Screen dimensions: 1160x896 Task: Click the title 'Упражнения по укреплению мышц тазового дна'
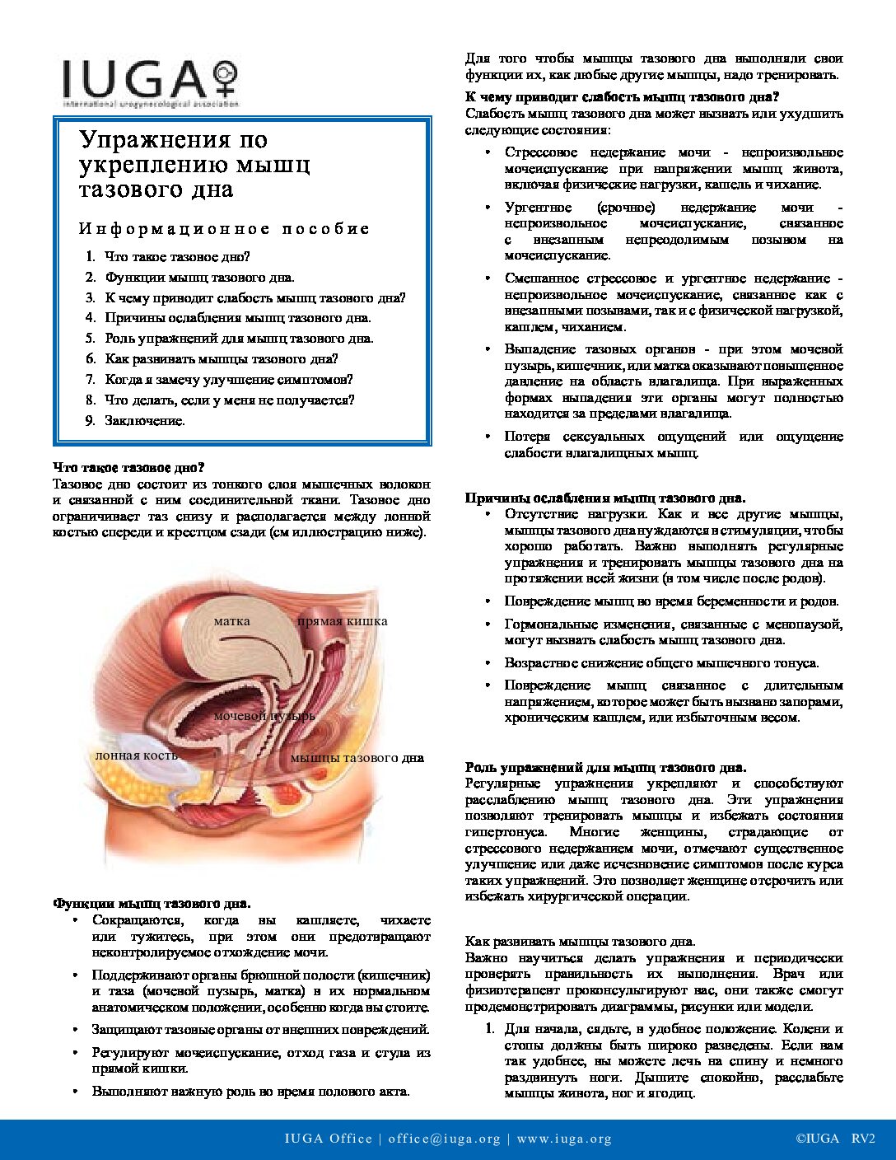194,164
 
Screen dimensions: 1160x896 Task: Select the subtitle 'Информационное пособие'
224,228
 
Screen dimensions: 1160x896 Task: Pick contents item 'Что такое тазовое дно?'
177,257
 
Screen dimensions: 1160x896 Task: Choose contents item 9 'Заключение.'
145,420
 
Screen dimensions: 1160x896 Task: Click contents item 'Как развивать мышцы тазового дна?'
221,358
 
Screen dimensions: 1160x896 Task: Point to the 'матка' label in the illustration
231,620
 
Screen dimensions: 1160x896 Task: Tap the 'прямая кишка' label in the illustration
342,621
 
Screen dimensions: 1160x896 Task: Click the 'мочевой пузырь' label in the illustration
264,716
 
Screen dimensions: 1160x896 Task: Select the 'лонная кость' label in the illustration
136,755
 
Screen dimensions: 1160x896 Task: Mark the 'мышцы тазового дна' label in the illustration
357,758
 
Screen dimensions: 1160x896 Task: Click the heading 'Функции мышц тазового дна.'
152,904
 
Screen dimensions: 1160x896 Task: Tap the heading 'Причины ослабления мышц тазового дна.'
605,498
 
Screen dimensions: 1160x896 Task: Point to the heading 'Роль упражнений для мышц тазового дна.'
606,767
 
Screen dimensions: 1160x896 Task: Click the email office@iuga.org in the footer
445,1139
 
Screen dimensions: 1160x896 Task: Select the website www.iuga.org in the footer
564,1139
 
